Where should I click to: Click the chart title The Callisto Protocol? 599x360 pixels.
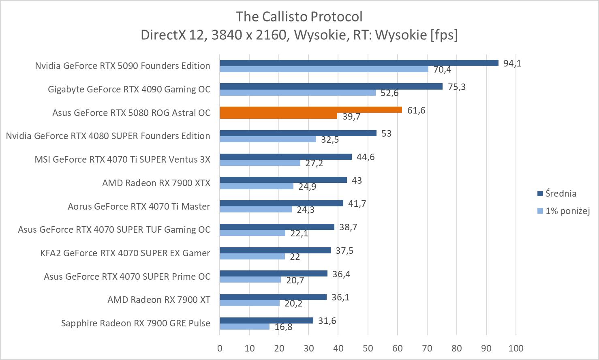(299, 17)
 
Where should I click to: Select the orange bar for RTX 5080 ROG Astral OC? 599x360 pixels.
(311, 110)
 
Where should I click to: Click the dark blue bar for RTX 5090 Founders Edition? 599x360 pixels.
(359, 63)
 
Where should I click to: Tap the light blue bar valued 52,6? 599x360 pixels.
(298, 92)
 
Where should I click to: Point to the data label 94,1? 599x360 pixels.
(512, 63)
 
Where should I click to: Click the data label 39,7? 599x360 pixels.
(351, 117)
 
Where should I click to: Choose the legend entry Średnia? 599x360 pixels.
(560, 193)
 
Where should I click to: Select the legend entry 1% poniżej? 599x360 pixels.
(567, 211)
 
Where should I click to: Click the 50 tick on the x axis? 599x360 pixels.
(368, 348)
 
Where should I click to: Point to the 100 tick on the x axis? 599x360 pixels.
(516, 348)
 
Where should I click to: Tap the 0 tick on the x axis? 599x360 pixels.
(220, 348)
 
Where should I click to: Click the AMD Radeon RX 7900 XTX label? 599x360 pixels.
(156, 183)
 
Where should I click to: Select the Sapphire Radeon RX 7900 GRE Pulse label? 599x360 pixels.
(136, 323)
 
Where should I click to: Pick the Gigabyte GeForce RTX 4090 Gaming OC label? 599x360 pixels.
(129, 89)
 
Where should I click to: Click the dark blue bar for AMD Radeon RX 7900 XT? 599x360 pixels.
(273, 297)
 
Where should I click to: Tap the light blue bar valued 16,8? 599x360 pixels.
(245, 326)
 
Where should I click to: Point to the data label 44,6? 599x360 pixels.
(366, 157)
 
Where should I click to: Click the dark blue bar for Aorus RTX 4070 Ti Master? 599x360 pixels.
(281, 204)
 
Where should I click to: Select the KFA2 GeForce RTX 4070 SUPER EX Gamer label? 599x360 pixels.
(125, 253)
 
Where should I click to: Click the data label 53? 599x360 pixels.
(386, 134)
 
